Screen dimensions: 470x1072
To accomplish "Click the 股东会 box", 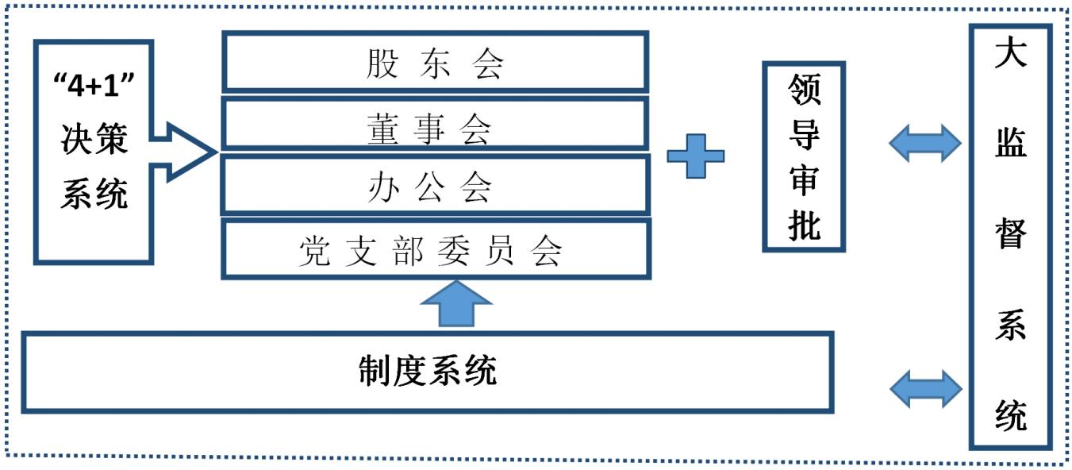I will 435,62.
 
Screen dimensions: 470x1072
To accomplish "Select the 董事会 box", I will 435,125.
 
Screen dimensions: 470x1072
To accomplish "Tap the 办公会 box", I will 435,186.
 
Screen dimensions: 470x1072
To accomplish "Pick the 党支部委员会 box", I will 435,249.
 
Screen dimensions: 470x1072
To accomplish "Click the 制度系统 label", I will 427,372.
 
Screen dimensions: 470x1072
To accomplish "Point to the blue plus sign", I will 695,154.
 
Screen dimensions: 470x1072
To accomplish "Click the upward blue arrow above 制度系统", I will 456,304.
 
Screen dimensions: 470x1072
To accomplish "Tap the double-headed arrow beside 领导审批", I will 924,144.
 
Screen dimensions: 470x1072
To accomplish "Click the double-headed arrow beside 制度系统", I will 925,388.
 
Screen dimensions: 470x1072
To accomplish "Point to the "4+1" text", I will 94,86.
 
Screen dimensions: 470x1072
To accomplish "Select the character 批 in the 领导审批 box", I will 804,226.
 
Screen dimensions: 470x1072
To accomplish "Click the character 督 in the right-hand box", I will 1010,235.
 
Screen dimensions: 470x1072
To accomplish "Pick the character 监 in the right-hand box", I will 1010,145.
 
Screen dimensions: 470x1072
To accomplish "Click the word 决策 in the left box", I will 94,141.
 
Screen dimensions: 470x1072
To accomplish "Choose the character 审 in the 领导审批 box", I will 804,182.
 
